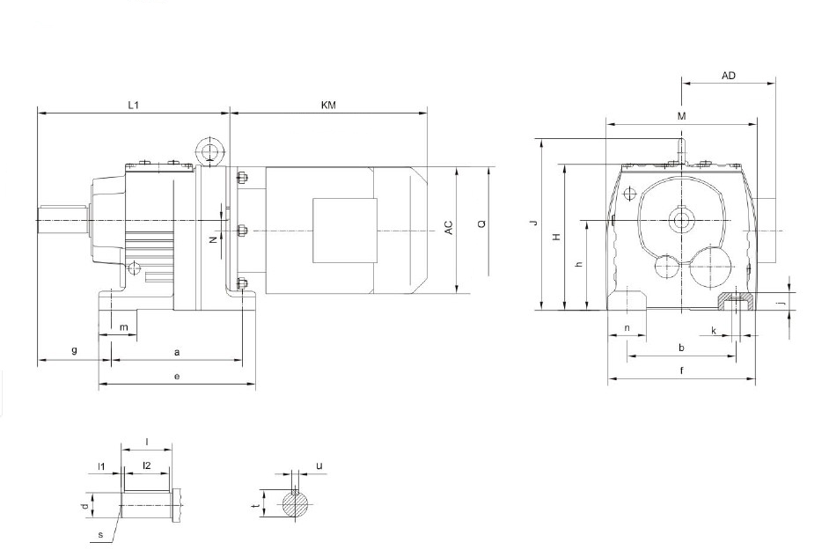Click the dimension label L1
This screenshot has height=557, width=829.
(133, 105)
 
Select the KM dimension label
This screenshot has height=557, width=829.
(328, 105)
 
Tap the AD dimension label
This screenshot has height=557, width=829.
(729, 76)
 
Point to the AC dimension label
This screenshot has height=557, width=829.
(448, 228)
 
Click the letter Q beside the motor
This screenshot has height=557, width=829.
(481, 224)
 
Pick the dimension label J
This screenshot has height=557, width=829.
(534, 223)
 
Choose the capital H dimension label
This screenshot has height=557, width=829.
(556, 238)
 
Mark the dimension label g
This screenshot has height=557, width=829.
(75, 350)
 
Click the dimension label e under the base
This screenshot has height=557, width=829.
(177, 377)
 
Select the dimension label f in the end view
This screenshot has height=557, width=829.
(681, 370)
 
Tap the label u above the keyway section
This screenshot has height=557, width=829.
(319, 465)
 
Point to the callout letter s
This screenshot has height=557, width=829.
(100, 535)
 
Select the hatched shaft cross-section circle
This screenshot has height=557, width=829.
(296, 505)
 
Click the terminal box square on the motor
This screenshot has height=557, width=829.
(345, 231)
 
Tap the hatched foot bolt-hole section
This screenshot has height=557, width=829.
(736, 301)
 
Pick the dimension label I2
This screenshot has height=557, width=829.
(147, 465)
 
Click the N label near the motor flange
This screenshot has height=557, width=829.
(213, 240)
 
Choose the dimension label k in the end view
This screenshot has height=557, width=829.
(713, 331)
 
